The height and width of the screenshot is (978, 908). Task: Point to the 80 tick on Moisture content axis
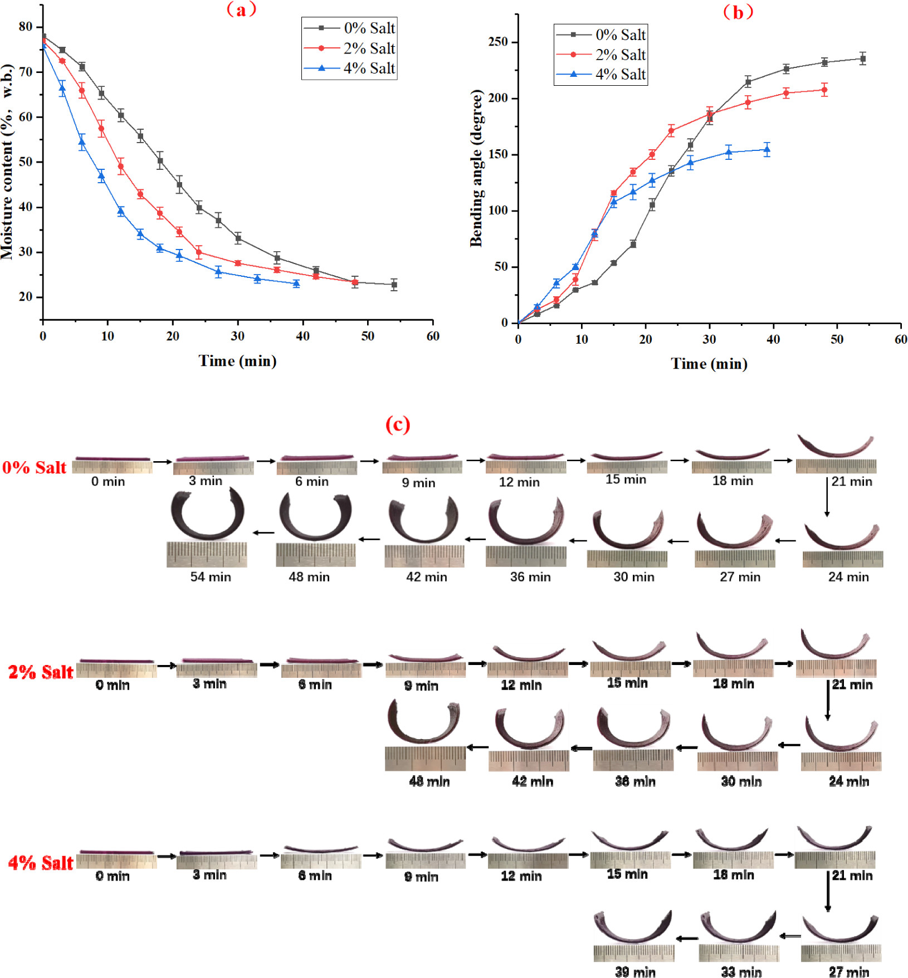(26, 27)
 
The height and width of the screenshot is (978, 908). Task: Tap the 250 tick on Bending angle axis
(498, 42)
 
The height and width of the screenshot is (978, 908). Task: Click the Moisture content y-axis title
(7, 162)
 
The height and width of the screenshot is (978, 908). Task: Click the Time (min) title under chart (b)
(709, 364)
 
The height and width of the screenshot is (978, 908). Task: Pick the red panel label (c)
(398, 424)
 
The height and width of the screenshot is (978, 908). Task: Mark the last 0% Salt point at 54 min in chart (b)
(862, 59)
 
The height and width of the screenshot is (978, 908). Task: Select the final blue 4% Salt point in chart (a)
(296, 284)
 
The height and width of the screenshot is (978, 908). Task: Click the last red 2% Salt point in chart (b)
(824, 90)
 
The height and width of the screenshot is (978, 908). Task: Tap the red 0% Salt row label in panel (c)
(34, 467)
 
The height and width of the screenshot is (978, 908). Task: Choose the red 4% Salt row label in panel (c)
(41, 863)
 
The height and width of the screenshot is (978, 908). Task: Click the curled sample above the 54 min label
(208, 514)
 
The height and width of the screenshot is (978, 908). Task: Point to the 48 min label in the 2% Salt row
(429, 781)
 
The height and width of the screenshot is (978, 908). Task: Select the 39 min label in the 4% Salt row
(635, 972)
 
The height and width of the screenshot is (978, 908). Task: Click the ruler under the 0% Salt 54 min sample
(207, 555)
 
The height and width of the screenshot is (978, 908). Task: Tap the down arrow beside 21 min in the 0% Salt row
(827, 497)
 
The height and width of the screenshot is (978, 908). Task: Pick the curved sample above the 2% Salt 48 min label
(424, 722)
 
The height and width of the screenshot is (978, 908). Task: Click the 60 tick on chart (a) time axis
(433, 336)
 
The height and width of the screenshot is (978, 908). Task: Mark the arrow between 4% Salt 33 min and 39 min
(687, 938)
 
